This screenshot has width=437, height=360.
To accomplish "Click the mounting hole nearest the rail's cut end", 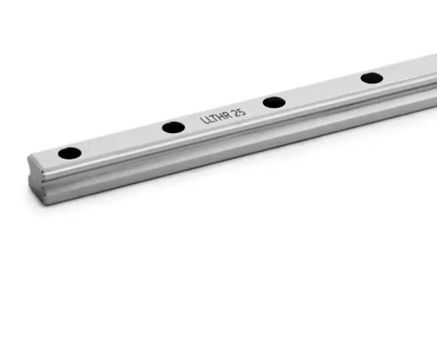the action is click(x=70, y=153).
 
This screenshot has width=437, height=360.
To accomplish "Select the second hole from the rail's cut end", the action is click(x=173, y=128).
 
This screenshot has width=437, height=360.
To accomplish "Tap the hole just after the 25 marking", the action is click(x=274, y=103).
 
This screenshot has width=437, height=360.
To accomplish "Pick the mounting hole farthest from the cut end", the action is click(x=372, y=78).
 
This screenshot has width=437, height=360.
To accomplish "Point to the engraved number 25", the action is click(x=240, y=113).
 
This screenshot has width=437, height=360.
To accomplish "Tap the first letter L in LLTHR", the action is click(x=204, y=121).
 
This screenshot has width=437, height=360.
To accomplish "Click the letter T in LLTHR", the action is click(x=215, y=118).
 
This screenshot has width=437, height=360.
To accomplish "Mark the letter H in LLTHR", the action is click(x=221, y=117).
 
